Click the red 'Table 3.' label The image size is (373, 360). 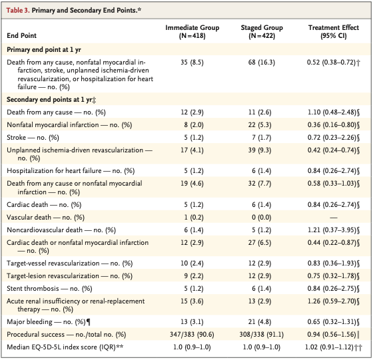click(x=18, y=10)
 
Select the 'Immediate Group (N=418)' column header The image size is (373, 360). click(x=192, y=31)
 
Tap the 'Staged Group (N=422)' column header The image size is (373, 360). click(x=262, y=31)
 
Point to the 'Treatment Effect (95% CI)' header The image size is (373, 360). click(x=334, y=31)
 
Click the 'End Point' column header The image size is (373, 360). click(x=21, y=36)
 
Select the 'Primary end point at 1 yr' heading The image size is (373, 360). click(x=44, y=50)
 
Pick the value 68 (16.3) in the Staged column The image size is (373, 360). click(x=261, y=63)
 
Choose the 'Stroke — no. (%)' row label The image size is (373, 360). click(x=33, y=138)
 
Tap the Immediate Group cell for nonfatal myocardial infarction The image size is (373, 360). click(x=193, y=125)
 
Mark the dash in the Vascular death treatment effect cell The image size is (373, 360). click(x=334, y=218)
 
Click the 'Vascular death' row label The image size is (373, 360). click(x=29, y=217)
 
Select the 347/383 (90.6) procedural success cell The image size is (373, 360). click(x=192, y=335)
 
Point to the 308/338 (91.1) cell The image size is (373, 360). click(x=261, y=335)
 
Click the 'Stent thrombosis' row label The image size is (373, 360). click(x=33, y=289)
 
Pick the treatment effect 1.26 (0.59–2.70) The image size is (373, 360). click(x=332, y=301)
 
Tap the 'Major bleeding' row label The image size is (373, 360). click(x=29, y=322)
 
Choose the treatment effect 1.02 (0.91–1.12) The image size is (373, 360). click(x=330, y=347)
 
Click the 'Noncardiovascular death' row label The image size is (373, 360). click(x=45, y=230)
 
